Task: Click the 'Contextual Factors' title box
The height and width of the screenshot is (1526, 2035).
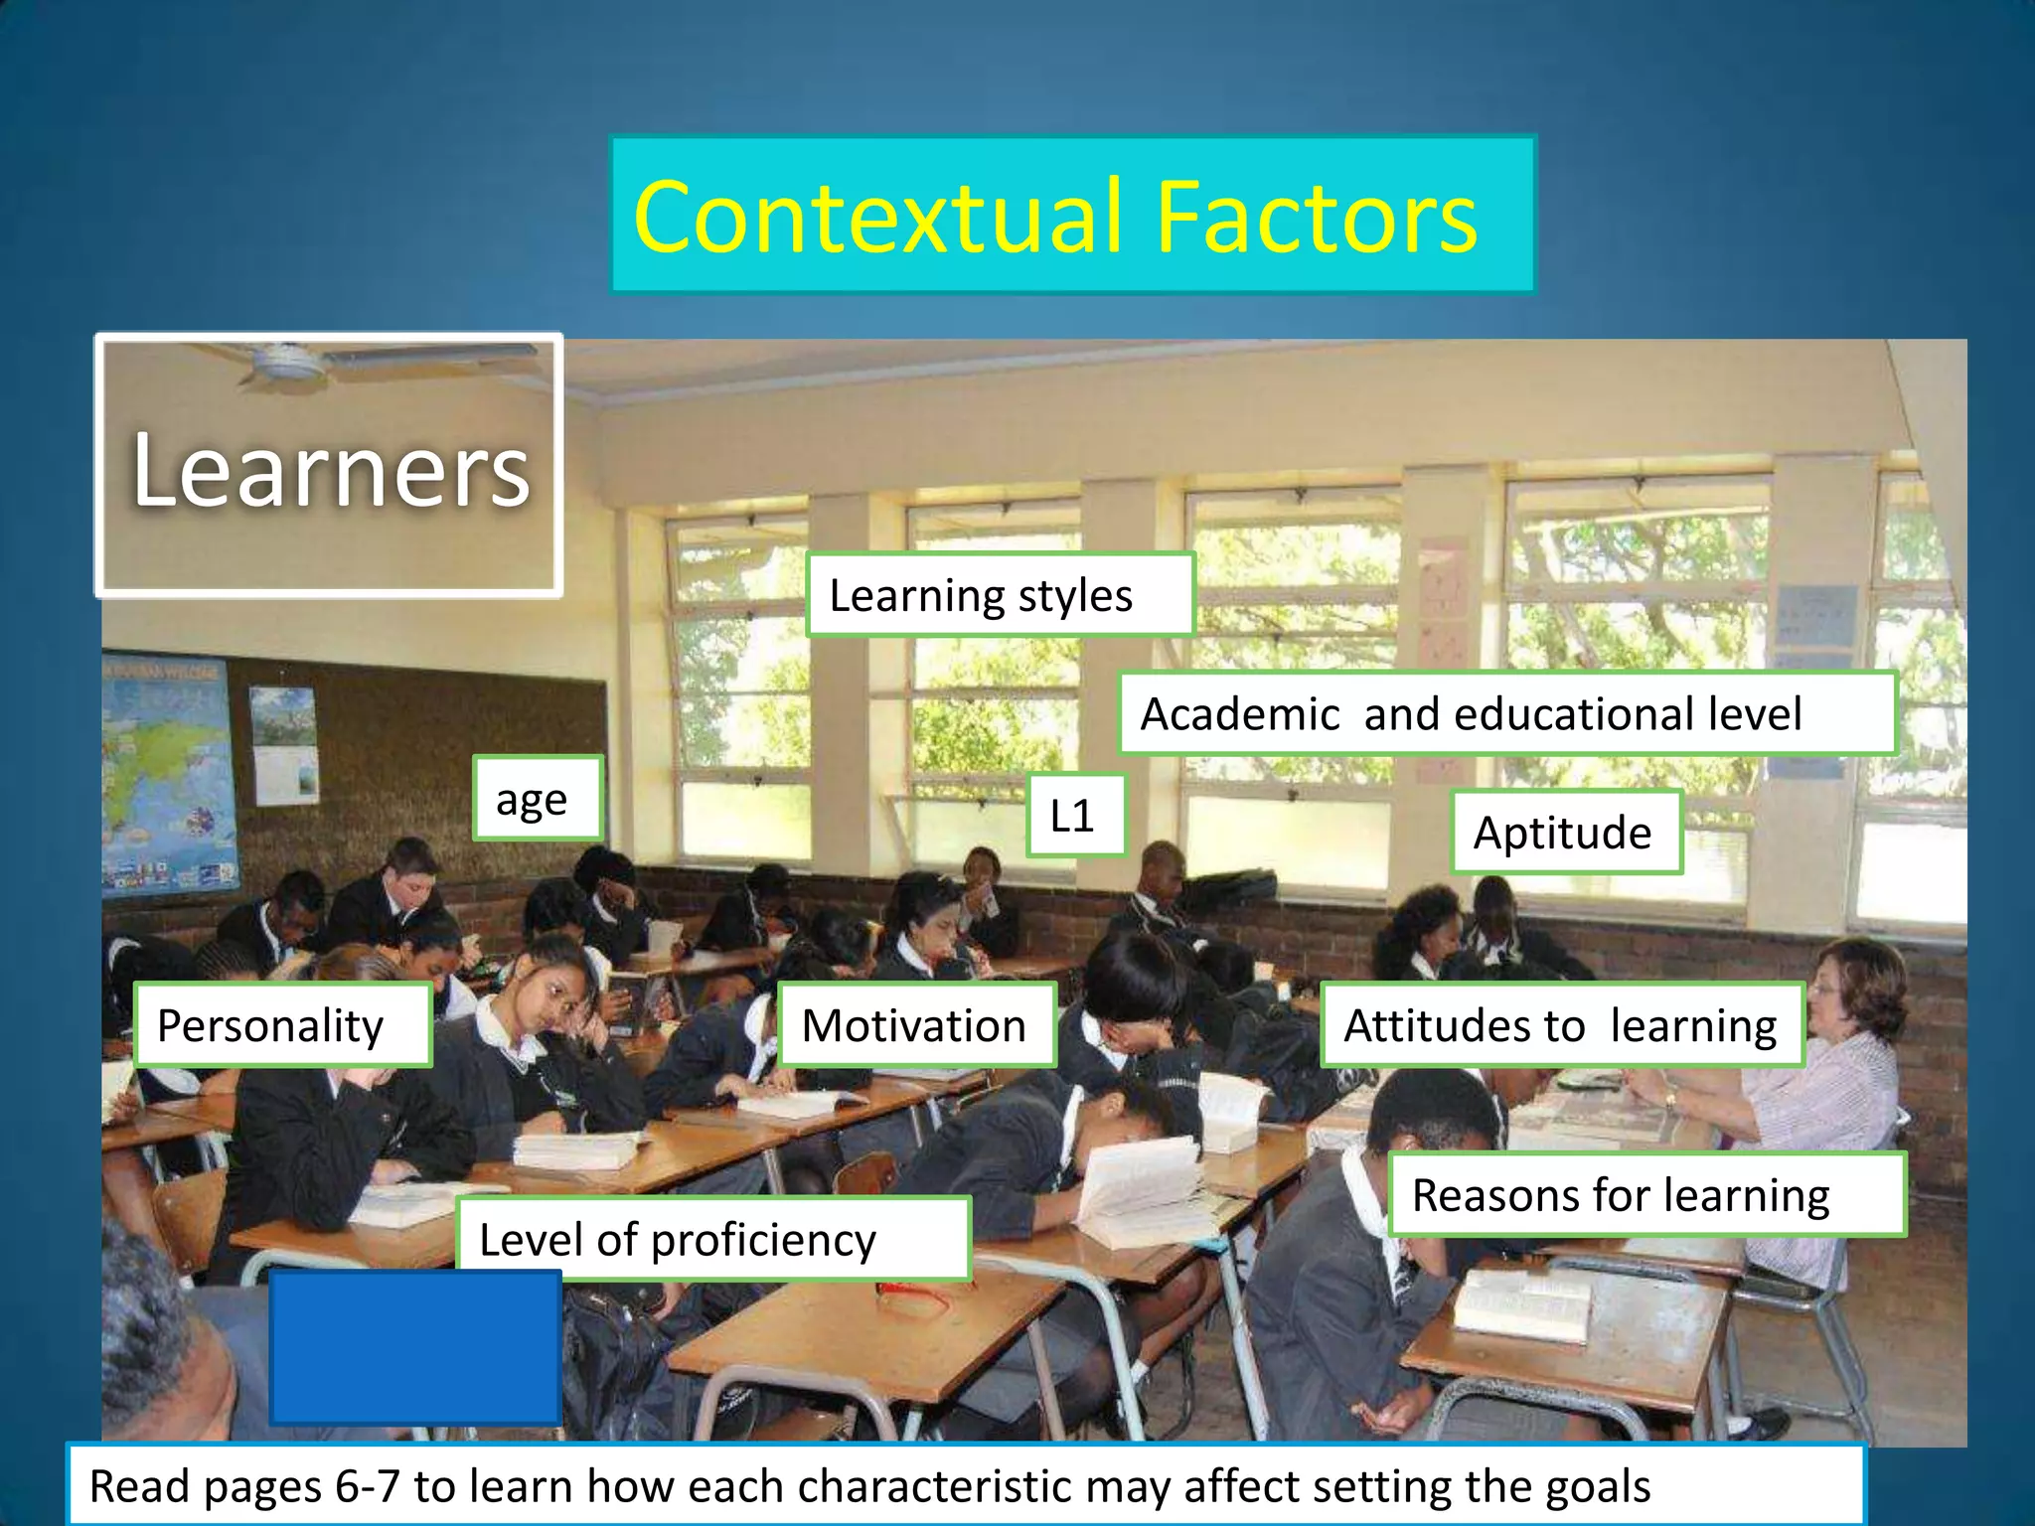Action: (x=1073, y=215)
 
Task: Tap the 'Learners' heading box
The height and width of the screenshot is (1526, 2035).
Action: (x=329, y=465)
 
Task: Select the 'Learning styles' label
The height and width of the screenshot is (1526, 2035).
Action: (x=1000, y=595)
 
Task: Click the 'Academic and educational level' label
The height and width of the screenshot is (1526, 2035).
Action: (x=1506, y=713)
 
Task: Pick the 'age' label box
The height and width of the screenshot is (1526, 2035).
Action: (x=538, y=799)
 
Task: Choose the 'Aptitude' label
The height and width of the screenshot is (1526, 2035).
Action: (x=1565, y=833)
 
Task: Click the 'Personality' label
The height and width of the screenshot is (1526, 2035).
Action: (x=282, y=1025)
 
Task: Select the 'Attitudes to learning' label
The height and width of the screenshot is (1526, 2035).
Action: (x=1561, y=1025)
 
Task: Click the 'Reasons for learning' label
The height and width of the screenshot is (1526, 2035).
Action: (x=1645, y=1194)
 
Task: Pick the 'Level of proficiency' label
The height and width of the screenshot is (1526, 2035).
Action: (x=711, y=1239)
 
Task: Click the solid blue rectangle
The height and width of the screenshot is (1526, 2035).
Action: (x=415, y=1347)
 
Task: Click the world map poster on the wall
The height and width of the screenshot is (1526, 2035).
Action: (x=169, y=775)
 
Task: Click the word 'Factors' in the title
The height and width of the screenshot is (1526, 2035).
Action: (x=1317, y=217)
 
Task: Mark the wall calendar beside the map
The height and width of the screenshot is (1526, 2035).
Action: (x=286, y=745)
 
